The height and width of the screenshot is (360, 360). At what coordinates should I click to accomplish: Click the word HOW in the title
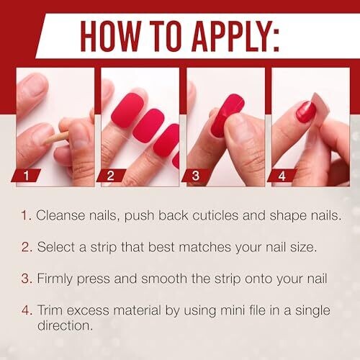(111, 36)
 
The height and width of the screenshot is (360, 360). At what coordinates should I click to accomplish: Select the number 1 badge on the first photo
(26, 176)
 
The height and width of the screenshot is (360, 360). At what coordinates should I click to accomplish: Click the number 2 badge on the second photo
(111, 176)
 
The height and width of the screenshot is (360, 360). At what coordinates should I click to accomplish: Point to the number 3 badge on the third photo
(196, 176)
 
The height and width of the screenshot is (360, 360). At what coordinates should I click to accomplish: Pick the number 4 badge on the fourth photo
(282, 176)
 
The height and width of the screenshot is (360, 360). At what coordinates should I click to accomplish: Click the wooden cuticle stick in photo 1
(56, 138)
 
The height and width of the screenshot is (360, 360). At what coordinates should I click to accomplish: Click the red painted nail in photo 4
(305, 112)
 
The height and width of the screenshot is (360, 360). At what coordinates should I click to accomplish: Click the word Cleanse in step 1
(60, 215)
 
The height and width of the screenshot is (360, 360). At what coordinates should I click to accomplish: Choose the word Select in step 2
(56, 247)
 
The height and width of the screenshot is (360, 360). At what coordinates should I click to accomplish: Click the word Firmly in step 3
(55, 279)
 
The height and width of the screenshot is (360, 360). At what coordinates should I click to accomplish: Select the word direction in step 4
(65, 325)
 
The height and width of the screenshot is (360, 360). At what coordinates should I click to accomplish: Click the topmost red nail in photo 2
(127, 109)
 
